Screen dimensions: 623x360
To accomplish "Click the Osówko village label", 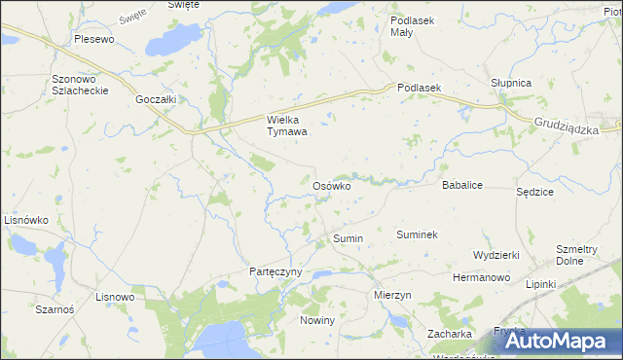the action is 331,185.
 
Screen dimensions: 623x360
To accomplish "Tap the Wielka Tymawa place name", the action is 287,126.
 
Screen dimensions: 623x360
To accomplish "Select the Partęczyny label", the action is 276,272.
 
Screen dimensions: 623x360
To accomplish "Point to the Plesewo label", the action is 94,40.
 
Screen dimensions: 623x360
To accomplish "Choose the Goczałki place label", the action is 156,99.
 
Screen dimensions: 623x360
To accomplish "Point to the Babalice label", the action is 463,184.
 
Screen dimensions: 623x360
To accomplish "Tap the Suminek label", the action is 418,234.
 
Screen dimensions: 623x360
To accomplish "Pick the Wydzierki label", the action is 495,254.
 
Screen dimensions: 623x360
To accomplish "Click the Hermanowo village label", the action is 481,277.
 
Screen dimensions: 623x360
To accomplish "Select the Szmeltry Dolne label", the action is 576,255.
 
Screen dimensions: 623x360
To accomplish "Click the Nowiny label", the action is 317,320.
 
